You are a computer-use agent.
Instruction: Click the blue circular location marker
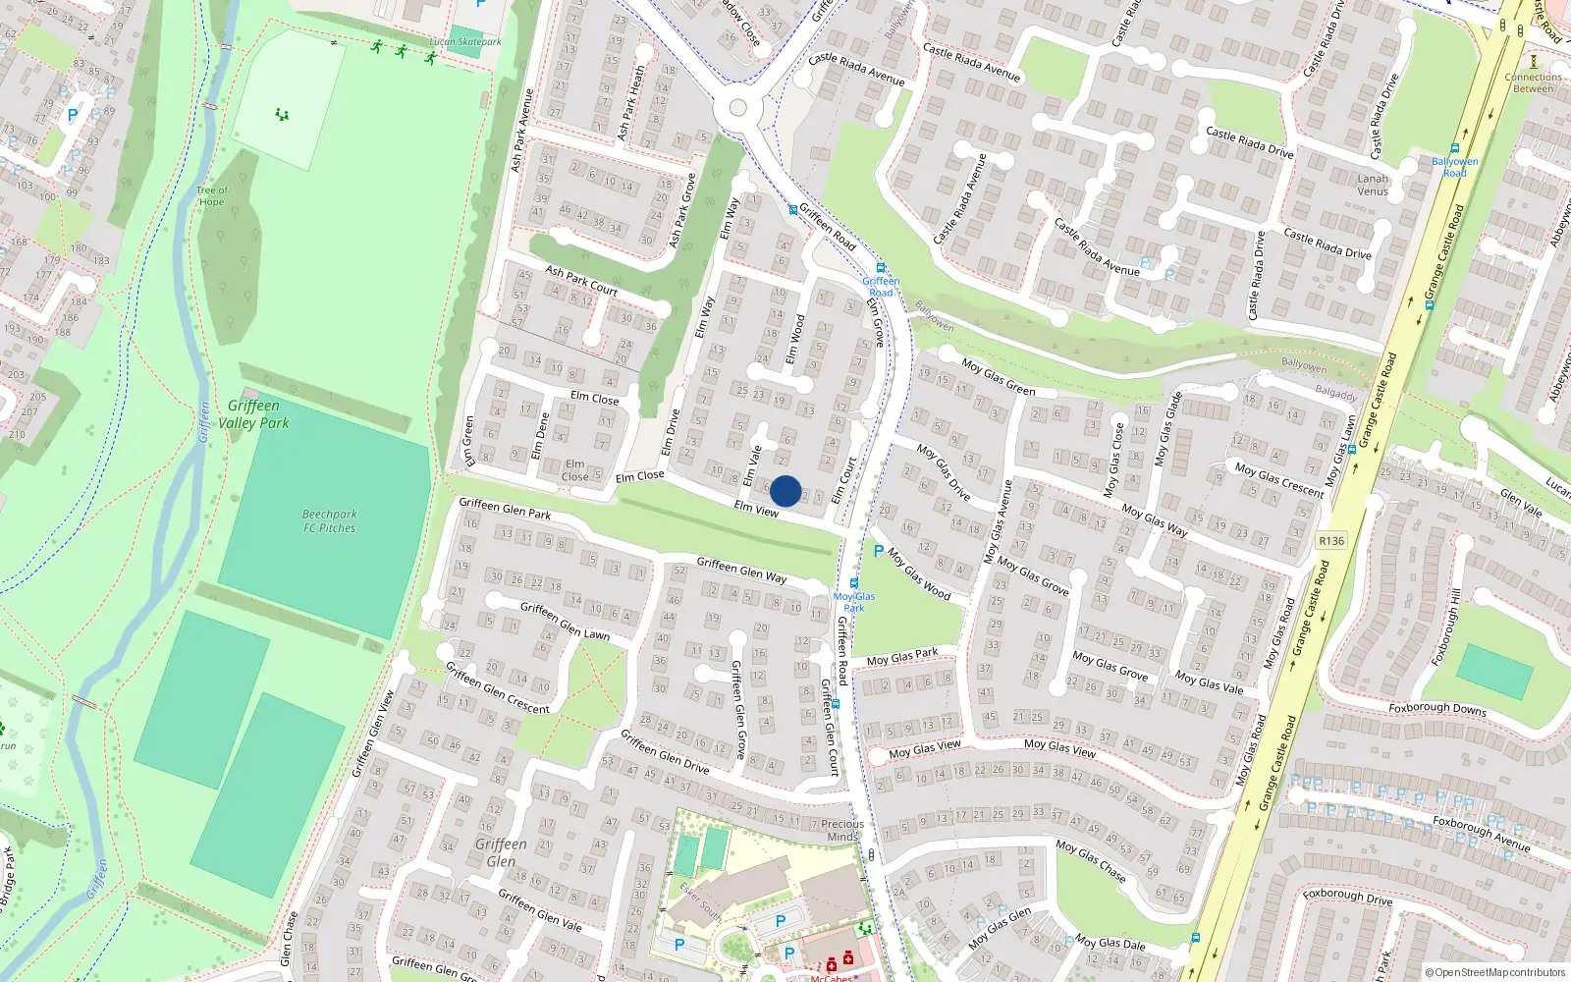[785, 491]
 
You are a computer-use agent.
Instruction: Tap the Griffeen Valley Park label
[253, 414]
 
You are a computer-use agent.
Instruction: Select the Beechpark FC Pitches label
[329, 520]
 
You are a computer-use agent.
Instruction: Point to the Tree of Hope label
[211, 196]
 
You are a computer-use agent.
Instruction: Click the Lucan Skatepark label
[465, 42]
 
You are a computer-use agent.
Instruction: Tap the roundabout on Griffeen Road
[738, 108]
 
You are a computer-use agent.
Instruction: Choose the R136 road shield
[1331, 541]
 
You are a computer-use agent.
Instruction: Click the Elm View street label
[756, 509]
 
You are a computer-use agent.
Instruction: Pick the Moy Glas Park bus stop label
[854, 602]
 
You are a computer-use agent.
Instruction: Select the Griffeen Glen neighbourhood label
[501, 852]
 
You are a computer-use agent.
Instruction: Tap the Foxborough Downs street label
[1437, 708]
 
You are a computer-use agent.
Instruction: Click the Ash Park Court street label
[581, 281]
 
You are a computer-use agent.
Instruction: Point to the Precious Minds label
[842, 830]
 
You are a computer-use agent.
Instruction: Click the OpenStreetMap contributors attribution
[1499, 972]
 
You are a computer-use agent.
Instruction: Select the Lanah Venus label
[1373, 185]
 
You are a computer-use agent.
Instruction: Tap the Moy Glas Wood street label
[919, 573]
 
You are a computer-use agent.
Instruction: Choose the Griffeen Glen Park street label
[505, 508]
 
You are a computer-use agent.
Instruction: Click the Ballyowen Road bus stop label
[1454, 167]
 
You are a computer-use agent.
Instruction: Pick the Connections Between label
[1533, 82]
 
